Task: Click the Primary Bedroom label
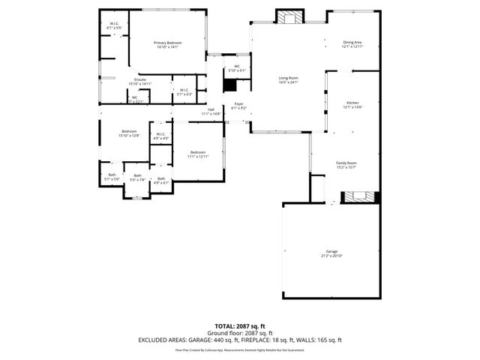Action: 168,44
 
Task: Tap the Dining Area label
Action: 352,44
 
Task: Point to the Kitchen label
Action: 352,104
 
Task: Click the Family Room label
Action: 346,164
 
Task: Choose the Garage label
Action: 331,253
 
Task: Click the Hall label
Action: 212,111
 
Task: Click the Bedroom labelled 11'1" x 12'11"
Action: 198,153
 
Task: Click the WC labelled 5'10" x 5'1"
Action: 236,68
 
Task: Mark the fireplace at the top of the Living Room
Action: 289,16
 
